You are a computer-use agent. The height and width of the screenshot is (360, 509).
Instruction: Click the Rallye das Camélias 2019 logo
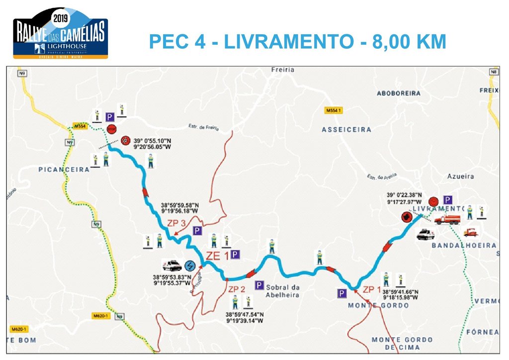tap(60, 33)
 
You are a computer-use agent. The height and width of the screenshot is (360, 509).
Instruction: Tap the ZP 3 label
tap(177, 223)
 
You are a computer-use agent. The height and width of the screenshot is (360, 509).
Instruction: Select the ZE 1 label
tap(217, 256)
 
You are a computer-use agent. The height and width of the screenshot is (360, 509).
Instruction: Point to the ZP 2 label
tap(237, 289)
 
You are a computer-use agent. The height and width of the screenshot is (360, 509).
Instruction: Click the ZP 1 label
tap(372, 289)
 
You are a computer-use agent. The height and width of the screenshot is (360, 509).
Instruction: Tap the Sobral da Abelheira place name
tap(283, 291)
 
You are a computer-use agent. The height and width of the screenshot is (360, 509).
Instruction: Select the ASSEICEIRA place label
tap(346, 130)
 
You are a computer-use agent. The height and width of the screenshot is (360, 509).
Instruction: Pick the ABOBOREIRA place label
tap(399, 93)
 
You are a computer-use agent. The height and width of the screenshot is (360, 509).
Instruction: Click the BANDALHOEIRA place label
tap(464, 246)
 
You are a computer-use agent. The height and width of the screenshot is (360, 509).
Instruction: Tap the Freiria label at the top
tap(283, 70)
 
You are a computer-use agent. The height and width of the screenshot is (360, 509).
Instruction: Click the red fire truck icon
tap(447, 219)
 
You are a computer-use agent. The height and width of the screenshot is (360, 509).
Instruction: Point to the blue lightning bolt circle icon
tap(189, 266)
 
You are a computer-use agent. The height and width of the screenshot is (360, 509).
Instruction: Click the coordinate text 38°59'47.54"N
tap(245, 315)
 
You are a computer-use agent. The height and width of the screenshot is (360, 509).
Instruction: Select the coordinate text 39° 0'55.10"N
tap(152, 141)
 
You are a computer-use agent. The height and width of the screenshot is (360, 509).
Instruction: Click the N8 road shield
tap(494, 73)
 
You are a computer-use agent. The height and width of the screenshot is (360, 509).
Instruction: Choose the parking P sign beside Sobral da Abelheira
tap(259, 285)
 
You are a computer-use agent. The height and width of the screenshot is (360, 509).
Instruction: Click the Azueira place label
tap(460, 177)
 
